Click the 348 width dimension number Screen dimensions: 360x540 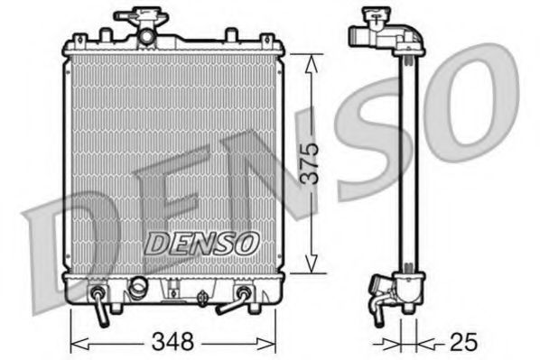[173, 342]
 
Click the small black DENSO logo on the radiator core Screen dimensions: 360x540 [202, 242]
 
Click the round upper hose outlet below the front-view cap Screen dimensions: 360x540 [144, 36]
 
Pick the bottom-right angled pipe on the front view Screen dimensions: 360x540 [237, 300]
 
